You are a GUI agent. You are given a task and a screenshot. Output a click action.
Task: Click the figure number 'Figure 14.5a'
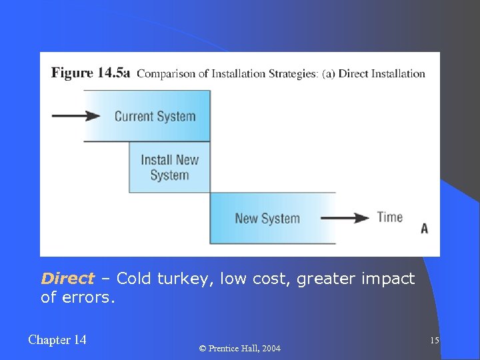click(91, 73)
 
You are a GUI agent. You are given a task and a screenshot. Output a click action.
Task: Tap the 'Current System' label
click(155, 116)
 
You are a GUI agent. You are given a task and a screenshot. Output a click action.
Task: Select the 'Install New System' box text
click(169, 167)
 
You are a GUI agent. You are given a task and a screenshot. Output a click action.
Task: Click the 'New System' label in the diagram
click(267, 218)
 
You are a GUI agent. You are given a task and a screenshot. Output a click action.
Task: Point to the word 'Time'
click(390, 217)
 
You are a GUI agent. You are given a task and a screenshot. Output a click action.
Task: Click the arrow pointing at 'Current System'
click(75, 116)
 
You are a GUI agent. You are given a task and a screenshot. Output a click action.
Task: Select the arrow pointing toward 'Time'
click(344, 218)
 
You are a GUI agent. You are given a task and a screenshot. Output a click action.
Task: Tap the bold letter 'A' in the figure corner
click(424, 229)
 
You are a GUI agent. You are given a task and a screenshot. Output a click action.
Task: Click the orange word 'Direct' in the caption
click(67, 279)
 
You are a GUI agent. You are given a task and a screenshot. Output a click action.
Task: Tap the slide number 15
click(434, 341)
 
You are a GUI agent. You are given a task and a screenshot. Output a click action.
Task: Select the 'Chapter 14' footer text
click(57, 340)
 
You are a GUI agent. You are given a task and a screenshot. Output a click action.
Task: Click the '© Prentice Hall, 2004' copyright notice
click(240, 349)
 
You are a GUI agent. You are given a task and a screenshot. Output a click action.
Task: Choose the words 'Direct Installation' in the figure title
click(381, 73)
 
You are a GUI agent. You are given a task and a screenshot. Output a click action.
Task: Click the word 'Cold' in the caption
click(134, 279)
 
